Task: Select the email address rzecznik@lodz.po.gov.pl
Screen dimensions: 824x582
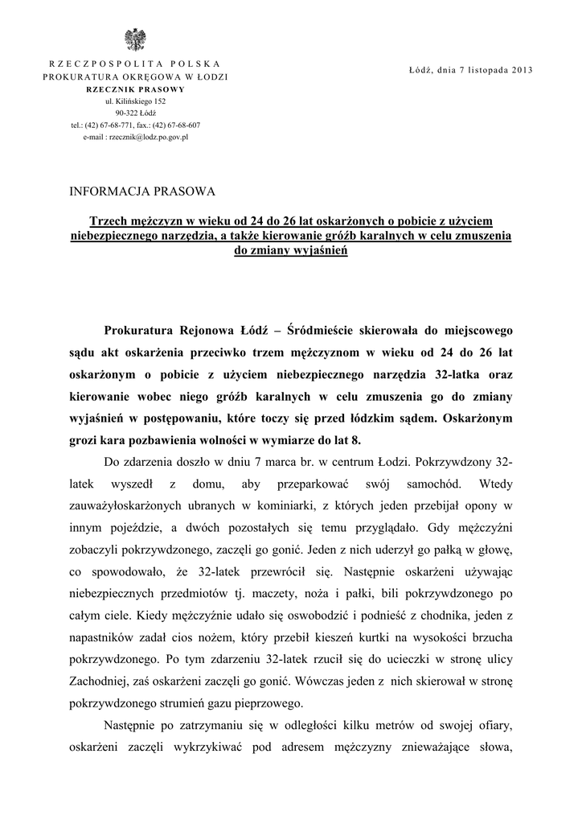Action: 135,138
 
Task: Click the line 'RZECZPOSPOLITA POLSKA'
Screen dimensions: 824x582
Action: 135,63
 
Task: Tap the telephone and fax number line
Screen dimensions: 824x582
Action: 135,126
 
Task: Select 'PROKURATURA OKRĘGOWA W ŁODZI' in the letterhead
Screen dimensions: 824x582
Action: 135,76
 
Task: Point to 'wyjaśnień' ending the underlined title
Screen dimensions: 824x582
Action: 316,249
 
